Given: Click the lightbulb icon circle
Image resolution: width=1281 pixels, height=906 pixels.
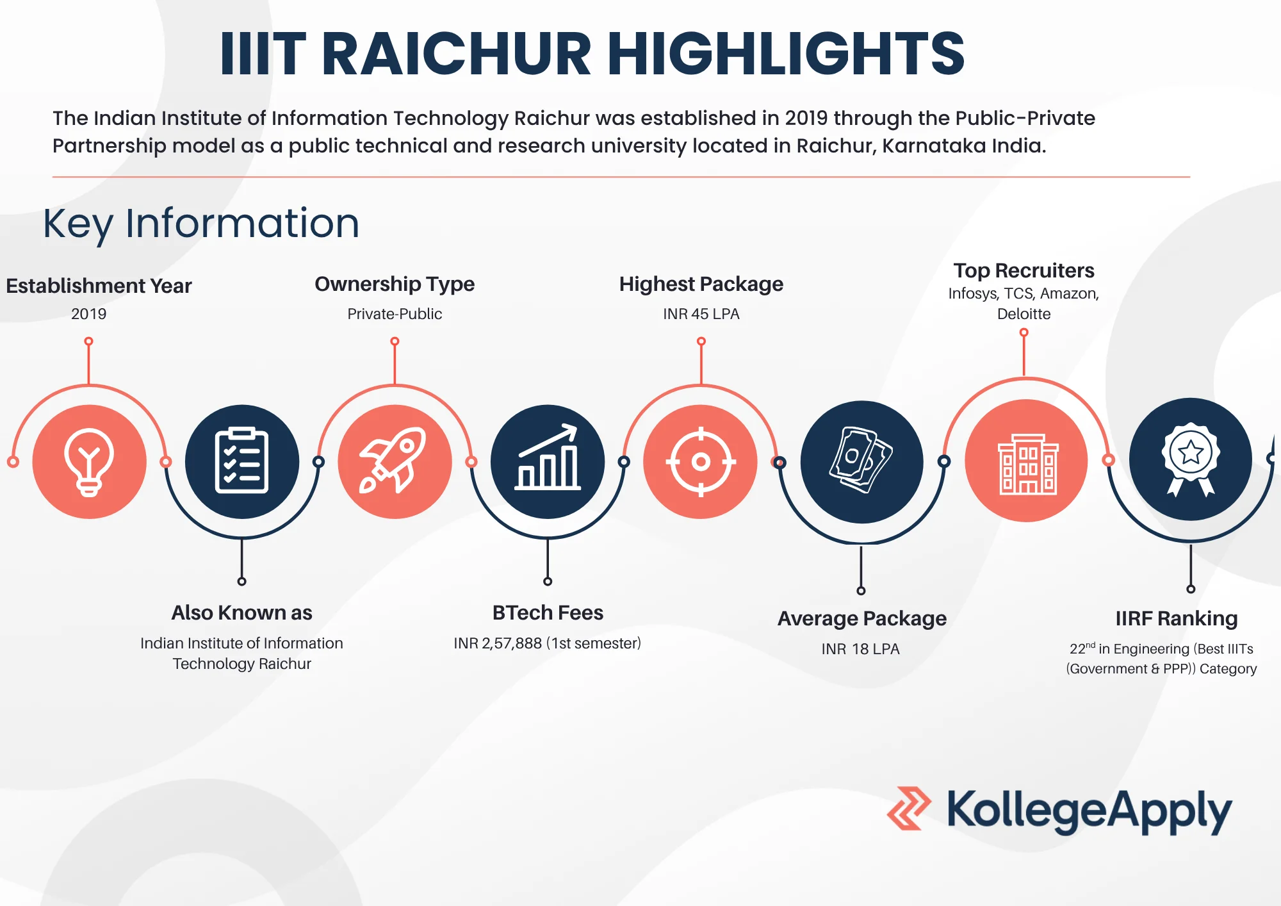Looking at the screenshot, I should [89, 461].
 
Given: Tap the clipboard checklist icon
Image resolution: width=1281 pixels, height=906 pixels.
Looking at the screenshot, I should [241, 461].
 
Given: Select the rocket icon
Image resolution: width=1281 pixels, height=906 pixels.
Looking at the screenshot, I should [395, 461].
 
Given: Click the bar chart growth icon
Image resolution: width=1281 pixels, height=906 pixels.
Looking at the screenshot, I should [548, 461].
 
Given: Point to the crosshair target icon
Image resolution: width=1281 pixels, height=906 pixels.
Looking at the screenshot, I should [701, 461].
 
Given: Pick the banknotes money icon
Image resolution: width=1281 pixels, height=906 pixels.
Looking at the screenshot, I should [861, 461].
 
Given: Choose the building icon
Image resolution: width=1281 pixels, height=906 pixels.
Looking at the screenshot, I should [1026, 461].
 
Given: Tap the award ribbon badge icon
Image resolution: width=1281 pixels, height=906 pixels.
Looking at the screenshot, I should [1190, 459].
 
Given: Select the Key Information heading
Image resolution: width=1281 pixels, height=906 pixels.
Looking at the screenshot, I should [201, 224].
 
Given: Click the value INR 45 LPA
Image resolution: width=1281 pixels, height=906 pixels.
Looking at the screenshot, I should [701, 314].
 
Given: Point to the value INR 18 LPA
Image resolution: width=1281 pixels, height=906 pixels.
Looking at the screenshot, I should [860, 649].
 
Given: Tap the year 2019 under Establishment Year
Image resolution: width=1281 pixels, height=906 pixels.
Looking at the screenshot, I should [88, 314].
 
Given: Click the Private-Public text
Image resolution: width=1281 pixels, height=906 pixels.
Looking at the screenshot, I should [395, 314].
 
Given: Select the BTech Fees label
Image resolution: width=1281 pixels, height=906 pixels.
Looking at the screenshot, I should [548, 613].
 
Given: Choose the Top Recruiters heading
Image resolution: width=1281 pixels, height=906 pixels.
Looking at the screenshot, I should [1024, 270].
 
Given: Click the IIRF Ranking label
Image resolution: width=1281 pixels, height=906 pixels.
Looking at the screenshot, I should [1176, 618].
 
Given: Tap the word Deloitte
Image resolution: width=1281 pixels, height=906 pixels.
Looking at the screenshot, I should [1024, 314].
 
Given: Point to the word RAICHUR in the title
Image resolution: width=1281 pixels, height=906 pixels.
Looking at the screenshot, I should [456, 54].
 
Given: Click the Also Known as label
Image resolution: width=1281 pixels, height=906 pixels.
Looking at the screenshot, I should [241, 613].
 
